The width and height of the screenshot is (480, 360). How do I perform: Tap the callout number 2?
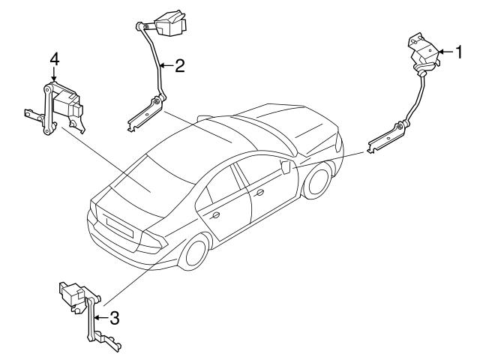coord(179,65)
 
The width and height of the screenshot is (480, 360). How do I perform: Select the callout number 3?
coord(114,317)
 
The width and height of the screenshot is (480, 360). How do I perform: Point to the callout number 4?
coord(54,58)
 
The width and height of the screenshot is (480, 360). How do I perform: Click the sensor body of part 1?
coord(421,52)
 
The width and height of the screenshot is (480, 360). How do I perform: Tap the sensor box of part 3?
coord(73,295)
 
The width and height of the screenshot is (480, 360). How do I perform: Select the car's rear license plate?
coord(120,226)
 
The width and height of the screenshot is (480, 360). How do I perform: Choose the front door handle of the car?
coord(260,193)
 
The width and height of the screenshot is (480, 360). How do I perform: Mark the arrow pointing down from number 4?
coord(54,75)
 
